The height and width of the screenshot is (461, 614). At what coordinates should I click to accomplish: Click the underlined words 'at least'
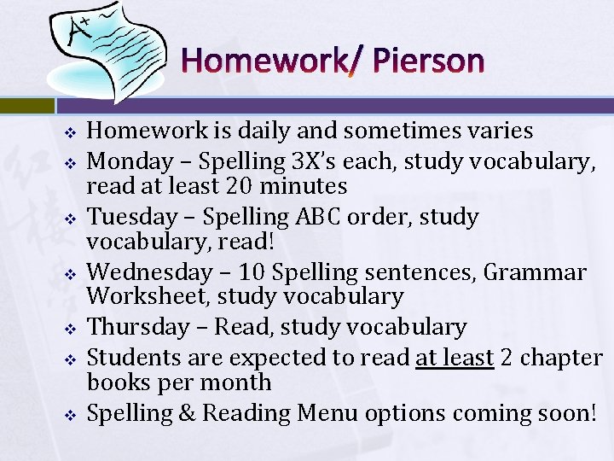tap(455, 357)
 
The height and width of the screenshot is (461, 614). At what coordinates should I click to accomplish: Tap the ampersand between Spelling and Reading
tap(187, 413)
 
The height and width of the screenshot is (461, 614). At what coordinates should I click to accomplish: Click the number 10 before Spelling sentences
tap(253, 272)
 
